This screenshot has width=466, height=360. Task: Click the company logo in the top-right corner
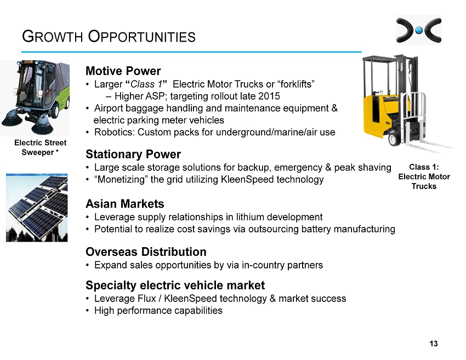click(x=419, y=30)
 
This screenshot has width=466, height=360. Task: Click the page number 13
click(x=433, y=344)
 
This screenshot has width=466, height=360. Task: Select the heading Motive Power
click(x=123, y=71)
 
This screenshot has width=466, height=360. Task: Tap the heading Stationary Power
click(x=133, y=154)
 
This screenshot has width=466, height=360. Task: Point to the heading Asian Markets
click(x=125, y=204)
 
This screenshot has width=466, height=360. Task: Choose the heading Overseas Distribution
click(x=146, y=252)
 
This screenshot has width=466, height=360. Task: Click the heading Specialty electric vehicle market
click(x=175, y=285)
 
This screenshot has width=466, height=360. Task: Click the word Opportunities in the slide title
click(x=142, y=37)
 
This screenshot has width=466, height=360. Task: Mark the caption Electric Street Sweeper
click(x=40, y=147)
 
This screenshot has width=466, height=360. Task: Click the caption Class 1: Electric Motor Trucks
click(x=424, y=176)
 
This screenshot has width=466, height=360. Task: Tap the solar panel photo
click(x=37, y=208)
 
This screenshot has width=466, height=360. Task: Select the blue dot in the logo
click(x=419, y=30)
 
